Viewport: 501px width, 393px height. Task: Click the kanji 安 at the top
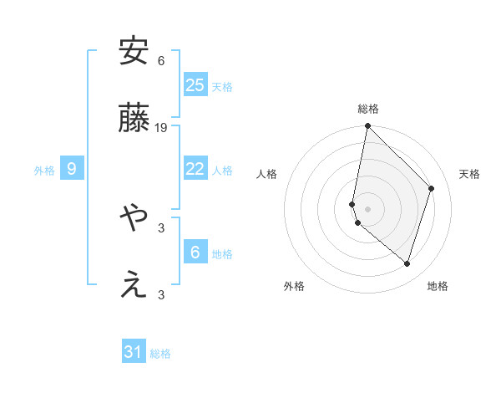[134, 52]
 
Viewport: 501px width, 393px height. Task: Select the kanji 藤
[134, 120]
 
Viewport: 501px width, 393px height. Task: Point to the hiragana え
[134, 286]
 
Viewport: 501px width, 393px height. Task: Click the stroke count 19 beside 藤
[161, 128]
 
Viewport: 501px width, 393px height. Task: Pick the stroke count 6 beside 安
[161, 60]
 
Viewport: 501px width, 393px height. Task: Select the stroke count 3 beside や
[161, 227]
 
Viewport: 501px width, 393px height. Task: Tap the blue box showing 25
[195, 85]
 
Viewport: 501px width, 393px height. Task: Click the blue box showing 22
[195, 169]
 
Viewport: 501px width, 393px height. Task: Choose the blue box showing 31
[134, 352]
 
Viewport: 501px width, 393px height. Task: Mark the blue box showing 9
[72, 169]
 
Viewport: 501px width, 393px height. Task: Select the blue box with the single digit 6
[195, 252]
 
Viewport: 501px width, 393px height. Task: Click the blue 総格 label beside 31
[160, 354]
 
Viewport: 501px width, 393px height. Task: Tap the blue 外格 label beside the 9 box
[44, 170]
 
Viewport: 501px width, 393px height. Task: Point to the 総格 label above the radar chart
[368, 110]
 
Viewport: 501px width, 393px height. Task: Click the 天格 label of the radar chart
[469, 174]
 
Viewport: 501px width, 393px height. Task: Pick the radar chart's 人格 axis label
[267, 174]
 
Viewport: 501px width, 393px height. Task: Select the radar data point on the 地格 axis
[407, 263]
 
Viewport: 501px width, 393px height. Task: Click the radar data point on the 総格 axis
[368, 126]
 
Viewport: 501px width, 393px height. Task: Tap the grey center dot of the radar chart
[368, 207]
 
